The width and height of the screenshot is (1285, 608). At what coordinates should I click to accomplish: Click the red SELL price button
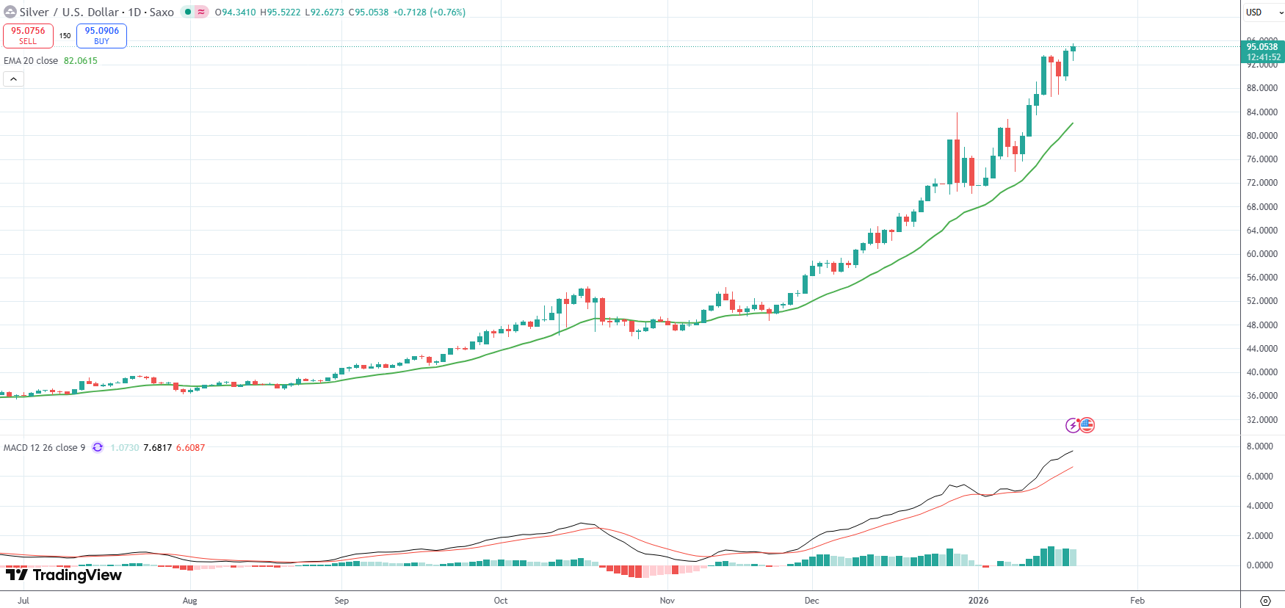coord(28,35)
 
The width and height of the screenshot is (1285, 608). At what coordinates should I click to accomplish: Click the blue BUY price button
coord(101,35)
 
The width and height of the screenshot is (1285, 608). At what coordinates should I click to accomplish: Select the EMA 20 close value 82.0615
coord(80,61)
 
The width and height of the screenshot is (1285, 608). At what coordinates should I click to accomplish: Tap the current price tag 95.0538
coord(1262,51)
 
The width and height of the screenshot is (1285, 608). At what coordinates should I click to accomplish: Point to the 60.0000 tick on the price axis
coord(1262,254)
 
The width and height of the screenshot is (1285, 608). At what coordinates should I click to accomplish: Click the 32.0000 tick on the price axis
coord(1262,420)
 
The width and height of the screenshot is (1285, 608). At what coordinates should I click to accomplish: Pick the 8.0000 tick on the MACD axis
coord(1259,446)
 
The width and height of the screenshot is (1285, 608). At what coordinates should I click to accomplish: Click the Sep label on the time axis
coord(341,601)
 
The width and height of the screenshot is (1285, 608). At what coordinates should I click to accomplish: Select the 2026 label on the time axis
coord(978,601)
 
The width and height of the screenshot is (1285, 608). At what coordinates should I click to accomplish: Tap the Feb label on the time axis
coord(1137,601)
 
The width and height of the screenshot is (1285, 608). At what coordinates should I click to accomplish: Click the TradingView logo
coord(64,575)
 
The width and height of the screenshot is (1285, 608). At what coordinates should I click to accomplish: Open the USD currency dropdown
coord(1263,12)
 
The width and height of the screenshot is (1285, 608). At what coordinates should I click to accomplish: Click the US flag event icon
coord(1087,425)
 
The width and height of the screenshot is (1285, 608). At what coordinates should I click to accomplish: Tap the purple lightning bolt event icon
coord(1073,425)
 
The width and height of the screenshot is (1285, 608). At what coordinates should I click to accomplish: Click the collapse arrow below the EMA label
coord(13,79)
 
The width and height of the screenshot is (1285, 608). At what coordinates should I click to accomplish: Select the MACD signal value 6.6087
coord(190,448)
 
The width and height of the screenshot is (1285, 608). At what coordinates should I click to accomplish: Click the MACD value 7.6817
coord(157,448)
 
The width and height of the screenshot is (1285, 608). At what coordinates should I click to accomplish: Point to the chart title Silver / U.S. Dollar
coord(69,12)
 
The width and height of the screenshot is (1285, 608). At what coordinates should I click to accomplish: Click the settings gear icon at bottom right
coord(1265,601)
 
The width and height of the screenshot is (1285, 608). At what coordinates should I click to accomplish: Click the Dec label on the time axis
coord(811,601)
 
